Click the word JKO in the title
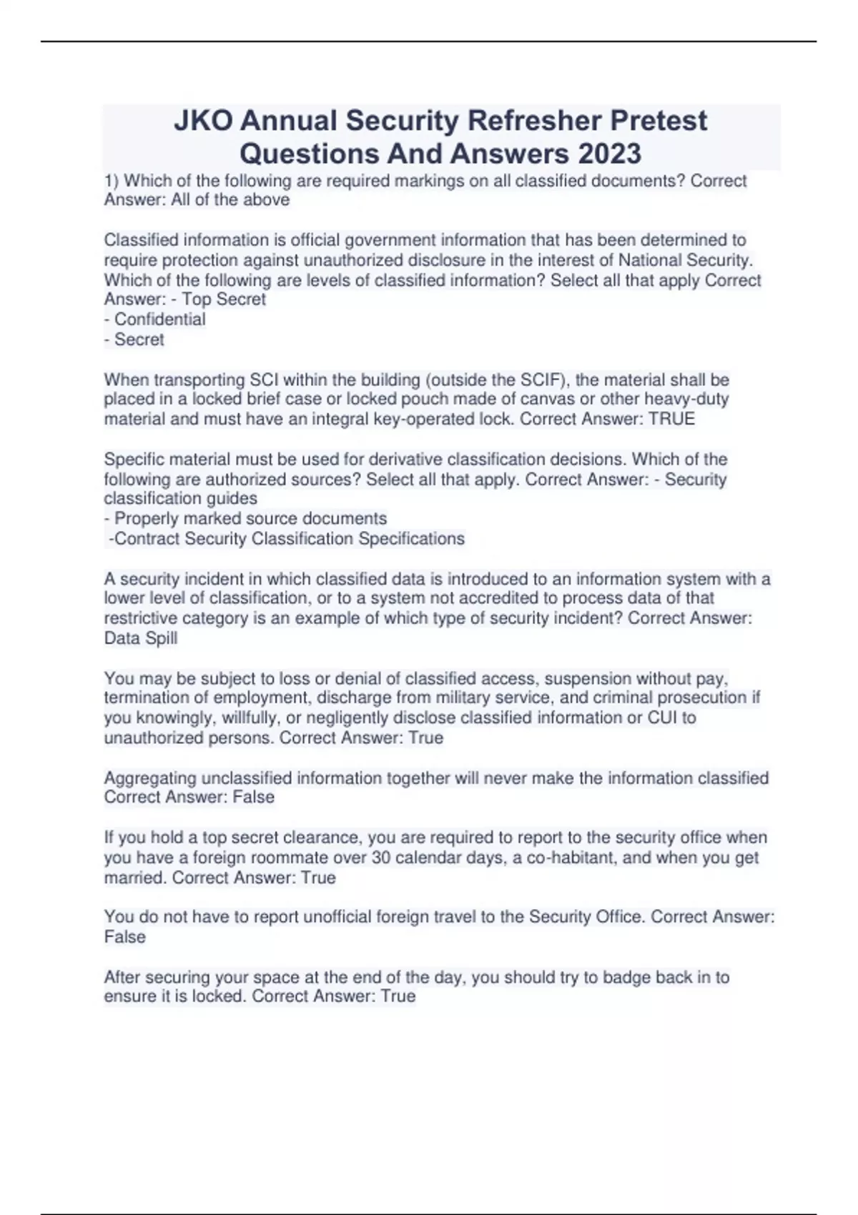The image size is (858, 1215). tap(203, 121)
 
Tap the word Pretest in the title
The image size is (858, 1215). tap(659, 121)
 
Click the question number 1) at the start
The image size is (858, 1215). tap(112, 181)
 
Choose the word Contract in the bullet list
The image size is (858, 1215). tap(147, 538)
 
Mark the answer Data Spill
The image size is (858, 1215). tap(141, 638)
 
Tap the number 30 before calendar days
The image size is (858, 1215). tap(381, 858)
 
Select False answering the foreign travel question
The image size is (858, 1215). tap(125, 937)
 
